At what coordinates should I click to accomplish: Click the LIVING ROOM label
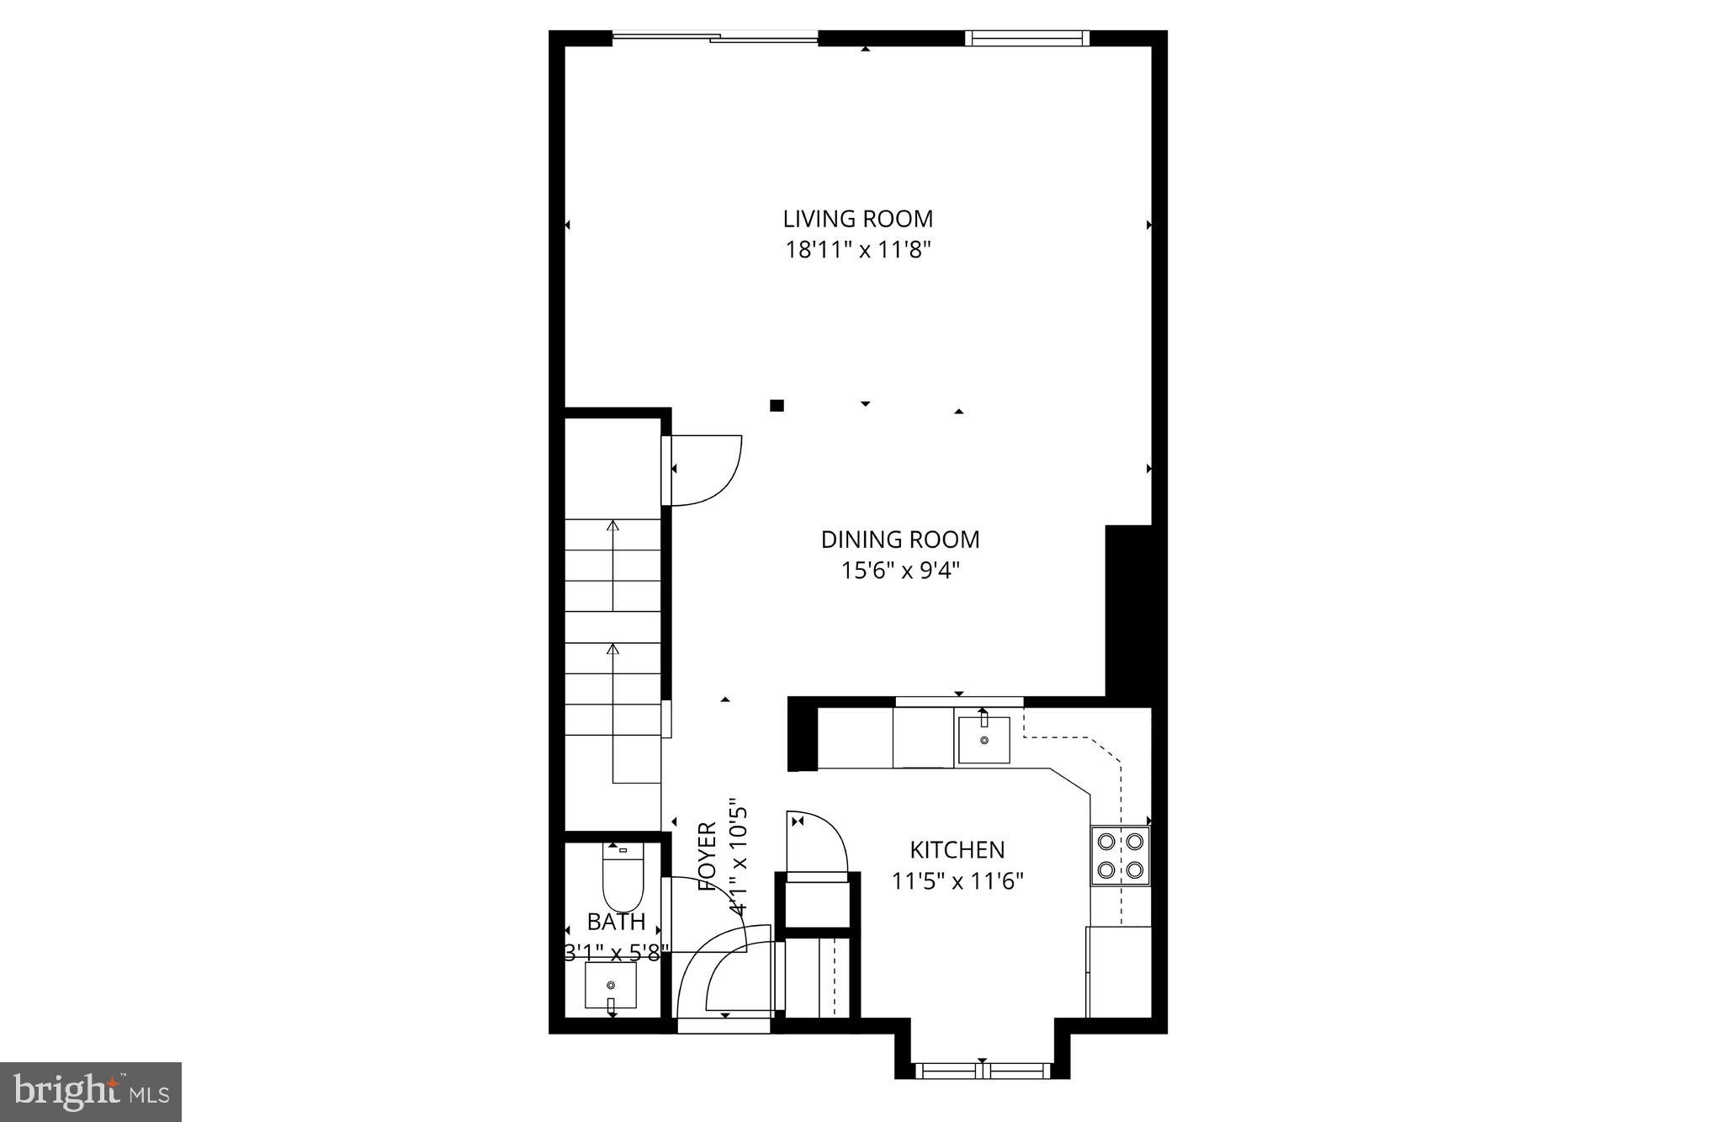pyautogui.click(x=857, y=219)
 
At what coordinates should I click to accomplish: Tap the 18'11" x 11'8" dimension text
pyautogui.click(x=857, y=250)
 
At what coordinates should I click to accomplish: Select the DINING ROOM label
pyautogui.click(x=900, y=540)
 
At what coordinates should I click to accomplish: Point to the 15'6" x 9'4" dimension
pyautogui.click(x=900, y=571)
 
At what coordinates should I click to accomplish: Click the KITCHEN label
pyautogui.click(x=957, y=849)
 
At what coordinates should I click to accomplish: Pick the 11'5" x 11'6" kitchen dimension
pyautogui.click(x=957, y=881)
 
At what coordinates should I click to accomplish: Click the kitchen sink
pyautogui.click(x=983, y=740)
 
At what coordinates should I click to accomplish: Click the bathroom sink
pyautogui.click(x=611, y=985)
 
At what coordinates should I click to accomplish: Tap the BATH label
pyautogui.click(x=616, y=922)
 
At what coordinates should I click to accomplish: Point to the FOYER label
pyautogui.click(x=708, y=856)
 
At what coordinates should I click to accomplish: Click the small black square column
pyautogui.click(x=777, y=406)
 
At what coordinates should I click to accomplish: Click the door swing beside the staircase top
pyautogui.click(x=702, y=469)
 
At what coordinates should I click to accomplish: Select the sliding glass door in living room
pyautogui.click(x=715, y=37)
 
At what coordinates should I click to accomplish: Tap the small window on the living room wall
pyautogui.click(x=1026, y=38)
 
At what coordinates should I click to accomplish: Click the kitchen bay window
pyautogui.click(x=982, y=1070)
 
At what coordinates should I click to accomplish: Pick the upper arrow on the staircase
pyautogui.click(x=612, y=564)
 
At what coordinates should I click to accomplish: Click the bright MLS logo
pyautogui.click(x=91, y=1092)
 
